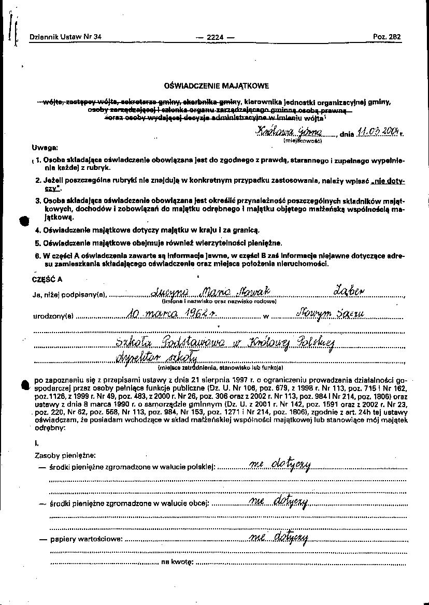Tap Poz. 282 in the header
tap(387, 37)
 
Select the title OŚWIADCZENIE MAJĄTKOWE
tap(216, 85)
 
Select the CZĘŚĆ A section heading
tap(47, 279)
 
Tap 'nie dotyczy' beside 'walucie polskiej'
tap(280, 465)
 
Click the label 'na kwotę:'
tap(178, 561)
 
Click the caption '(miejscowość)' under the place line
tap(303, 140)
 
